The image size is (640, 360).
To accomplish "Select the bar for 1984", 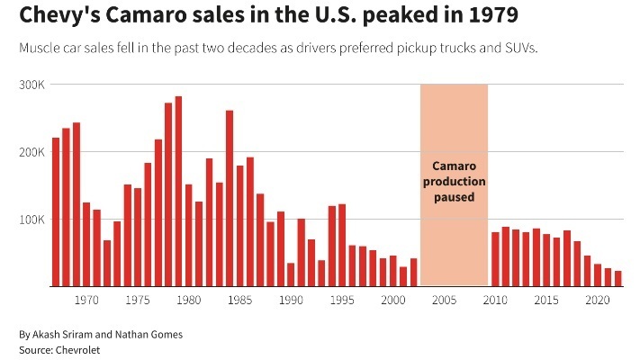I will pos(230,199).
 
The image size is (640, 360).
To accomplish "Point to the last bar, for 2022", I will pos(618,279).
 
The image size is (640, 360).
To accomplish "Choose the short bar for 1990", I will pos(291,274).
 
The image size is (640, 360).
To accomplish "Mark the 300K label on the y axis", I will pos(33,85).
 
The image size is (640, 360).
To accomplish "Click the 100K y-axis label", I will pos(33,220).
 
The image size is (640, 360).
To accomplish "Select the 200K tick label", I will pos(33,152).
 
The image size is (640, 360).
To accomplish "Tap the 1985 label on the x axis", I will pos(240,299).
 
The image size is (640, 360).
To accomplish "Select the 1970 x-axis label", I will pos(86,299).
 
